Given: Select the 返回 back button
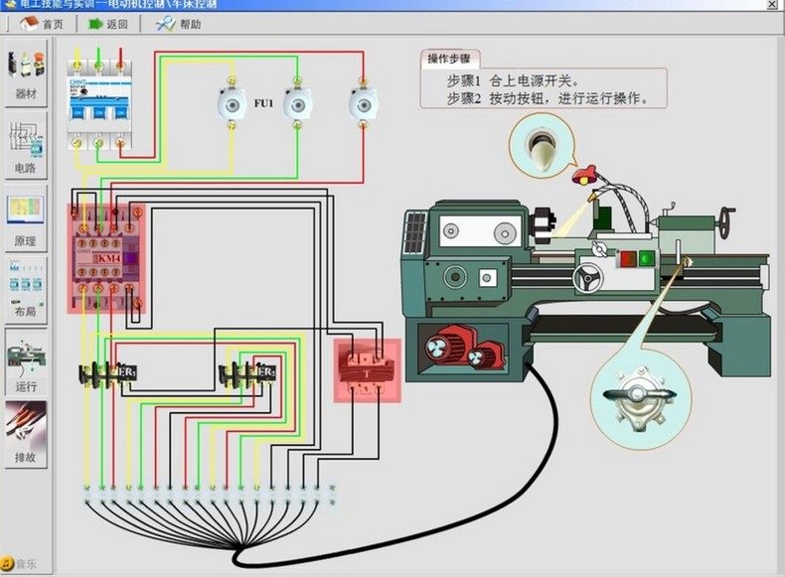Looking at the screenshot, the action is click(108, 24).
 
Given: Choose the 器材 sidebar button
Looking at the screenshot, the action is click(26, 73).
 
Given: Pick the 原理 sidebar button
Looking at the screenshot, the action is click(26, 219).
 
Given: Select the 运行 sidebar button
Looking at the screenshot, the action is click(26, 362).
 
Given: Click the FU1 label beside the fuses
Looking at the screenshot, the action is click(263, 103).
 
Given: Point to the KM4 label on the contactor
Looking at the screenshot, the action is click(108, 258).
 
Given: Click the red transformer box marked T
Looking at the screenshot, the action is click(367, 370).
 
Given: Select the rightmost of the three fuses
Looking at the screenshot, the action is click(362, 102).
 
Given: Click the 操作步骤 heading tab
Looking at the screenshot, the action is click(453, 59).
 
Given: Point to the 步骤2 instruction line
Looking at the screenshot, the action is click(547, 98).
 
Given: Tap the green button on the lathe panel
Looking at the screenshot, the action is click(647, 259).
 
